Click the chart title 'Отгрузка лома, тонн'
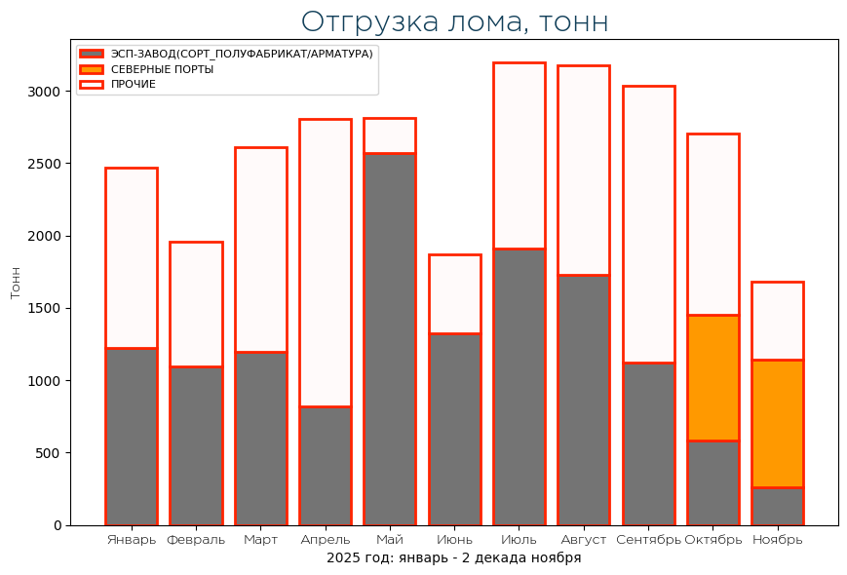pos(454,21)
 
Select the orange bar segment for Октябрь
pos(712,377)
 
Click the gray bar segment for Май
pos(389,339)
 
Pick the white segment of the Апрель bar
pos(325,262)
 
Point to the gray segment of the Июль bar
pos(519,387)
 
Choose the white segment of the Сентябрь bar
pos(648,224)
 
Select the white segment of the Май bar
pos(389,135)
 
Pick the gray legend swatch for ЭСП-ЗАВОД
pos(92,54)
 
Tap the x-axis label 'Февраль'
pos(196,540)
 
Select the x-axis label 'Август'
pos(584,540)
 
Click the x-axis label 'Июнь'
pos(454,540)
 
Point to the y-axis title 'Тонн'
pos(15,282)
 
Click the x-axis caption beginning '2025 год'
pos(453,557)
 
